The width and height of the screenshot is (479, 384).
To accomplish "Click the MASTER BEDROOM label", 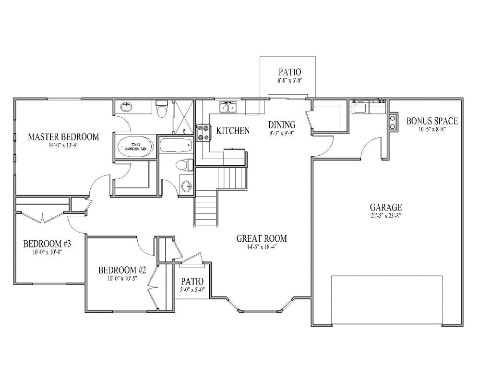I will [x=63, y=137].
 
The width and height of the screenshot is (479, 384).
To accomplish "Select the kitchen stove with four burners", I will [x=203, y=133].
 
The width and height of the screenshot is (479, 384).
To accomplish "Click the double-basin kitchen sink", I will [x=228, y=107].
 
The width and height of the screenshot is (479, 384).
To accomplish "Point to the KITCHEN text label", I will [x=233, y=131].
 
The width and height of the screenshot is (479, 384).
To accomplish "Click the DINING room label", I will [x=281, y=125].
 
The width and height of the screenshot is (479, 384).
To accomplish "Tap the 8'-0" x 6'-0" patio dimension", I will [x=287, y=81].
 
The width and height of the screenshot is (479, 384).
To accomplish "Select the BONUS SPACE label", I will [x=432, y=121].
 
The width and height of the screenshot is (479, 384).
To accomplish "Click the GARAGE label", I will [x=385, y=208].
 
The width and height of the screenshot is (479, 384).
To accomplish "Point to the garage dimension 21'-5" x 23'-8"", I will [x=385, y=216].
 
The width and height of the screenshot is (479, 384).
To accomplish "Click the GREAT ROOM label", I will [x=262, y=238].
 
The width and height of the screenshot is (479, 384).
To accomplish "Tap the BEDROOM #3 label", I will [x=43, y=243].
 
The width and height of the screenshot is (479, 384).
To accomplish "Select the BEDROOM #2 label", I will [x=119, y=270].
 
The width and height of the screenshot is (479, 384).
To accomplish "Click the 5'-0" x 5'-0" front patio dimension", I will [x=192, y=289].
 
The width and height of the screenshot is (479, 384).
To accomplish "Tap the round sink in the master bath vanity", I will [x=126, y=106].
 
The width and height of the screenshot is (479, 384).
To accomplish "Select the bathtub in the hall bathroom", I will [x=175, y=145].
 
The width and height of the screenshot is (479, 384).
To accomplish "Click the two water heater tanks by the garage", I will [x=393, y=122].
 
